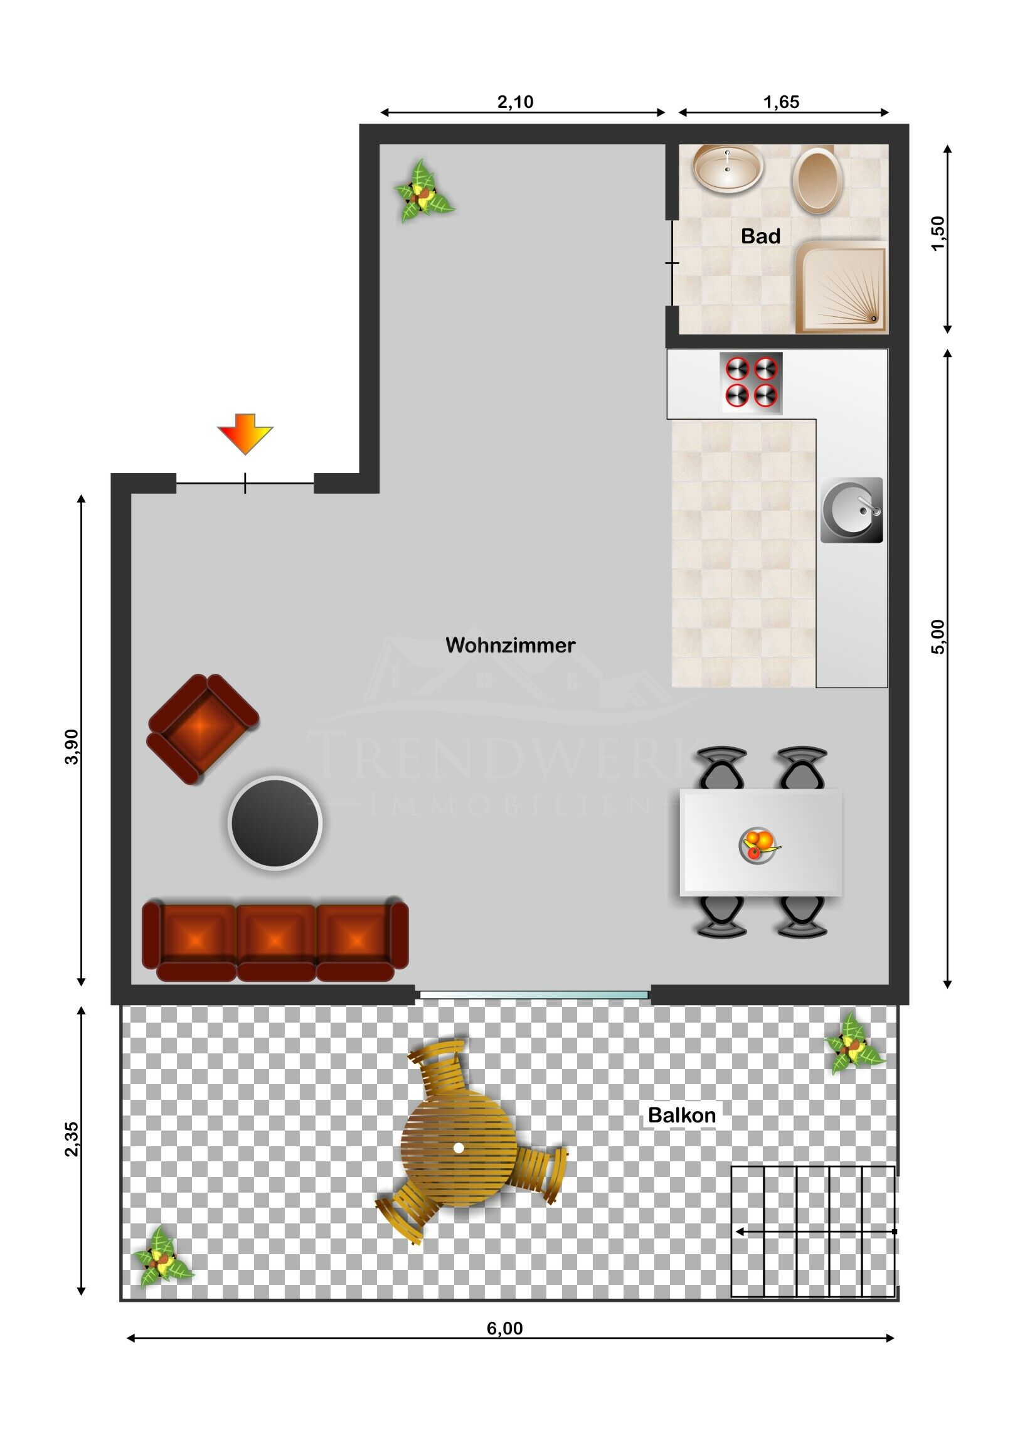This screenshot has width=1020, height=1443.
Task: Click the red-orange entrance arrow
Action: (245, 434)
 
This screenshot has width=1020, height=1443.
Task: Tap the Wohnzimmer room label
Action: (511, 646)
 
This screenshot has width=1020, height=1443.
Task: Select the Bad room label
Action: (760, 237)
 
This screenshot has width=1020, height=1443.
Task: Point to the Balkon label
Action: (682, 1116)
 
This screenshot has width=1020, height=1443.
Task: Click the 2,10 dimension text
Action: (516, 102)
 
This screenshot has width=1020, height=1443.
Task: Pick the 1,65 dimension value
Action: (781, 102)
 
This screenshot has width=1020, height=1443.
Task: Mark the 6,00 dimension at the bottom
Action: (504, 1328)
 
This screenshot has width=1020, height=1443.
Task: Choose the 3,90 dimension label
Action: (72, 747)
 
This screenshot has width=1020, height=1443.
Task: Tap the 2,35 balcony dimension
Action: (72, 1139)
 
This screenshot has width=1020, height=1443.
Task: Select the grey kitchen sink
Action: (852, 510)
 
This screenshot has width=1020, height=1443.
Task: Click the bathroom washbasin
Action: (728, 168)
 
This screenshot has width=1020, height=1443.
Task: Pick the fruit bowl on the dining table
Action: (760, 844)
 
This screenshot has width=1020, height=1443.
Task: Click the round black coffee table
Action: (275, 823)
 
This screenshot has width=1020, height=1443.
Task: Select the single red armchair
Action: (203, 728)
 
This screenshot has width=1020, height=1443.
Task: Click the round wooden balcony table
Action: (459, 1148)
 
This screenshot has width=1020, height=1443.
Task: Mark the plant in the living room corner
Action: (423, 191)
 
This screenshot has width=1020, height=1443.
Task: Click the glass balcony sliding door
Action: (534, 994)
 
